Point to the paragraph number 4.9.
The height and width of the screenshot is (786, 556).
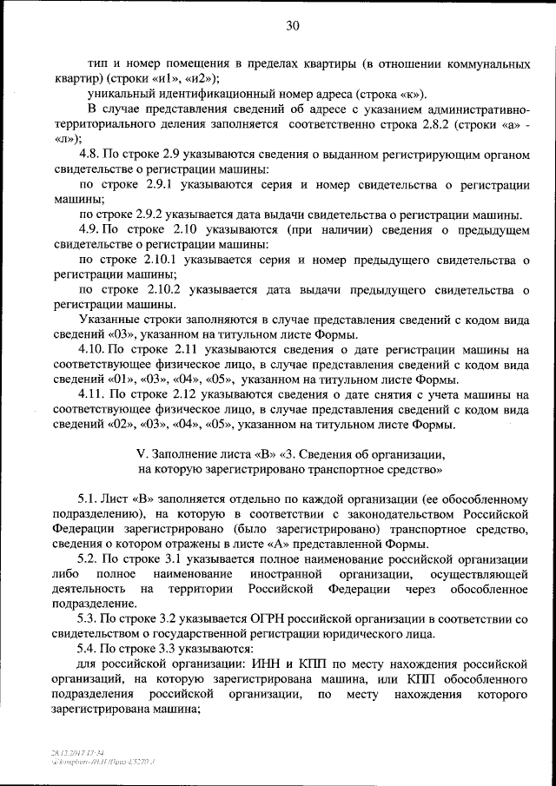[x=88, y=230]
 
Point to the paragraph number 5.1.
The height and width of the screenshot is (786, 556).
[x=88, y=500]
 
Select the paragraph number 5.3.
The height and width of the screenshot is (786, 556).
[x=88, y=620]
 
